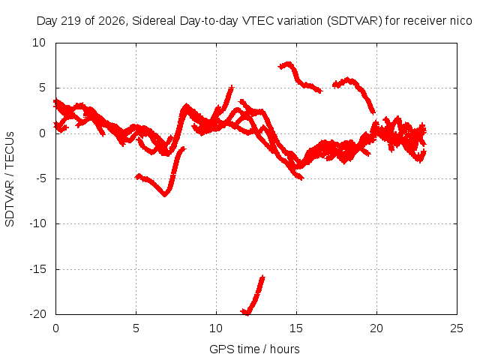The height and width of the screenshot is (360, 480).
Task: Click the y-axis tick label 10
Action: click(39, 43)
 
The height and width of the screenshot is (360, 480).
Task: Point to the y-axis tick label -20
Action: click(37, 314)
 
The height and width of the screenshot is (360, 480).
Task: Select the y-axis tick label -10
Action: click(37, 223)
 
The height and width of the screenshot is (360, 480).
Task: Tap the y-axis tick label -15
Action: click(37, 269)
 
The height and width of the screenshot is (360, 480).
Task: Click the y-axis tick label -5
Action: click(40, 178)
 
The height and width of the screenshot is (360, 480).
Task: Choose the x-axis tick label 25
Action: click(457, 328)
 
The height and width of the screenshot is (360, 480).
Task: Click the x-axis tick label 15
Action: click(296, 328)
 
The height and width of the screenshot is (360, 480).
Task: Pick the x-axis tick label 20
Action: click(376, 328)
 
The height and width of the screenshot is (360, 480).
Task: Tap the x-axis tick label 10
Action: click(216, 328)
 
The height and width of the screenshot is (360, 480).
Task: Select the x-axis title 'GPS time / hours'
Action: click(254, 349)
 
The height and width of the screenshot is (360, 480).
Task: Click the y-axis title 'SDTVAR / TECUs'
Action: click(10, 179)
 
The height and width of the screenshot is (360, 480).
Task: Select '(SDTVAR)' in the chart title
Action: click(355, 21)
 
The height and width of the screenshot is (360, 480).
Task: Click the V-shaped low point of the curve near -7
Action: click(165, 194)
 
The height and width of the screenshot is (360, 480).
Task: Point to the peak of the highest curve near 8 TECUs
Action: click(288, 64)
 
